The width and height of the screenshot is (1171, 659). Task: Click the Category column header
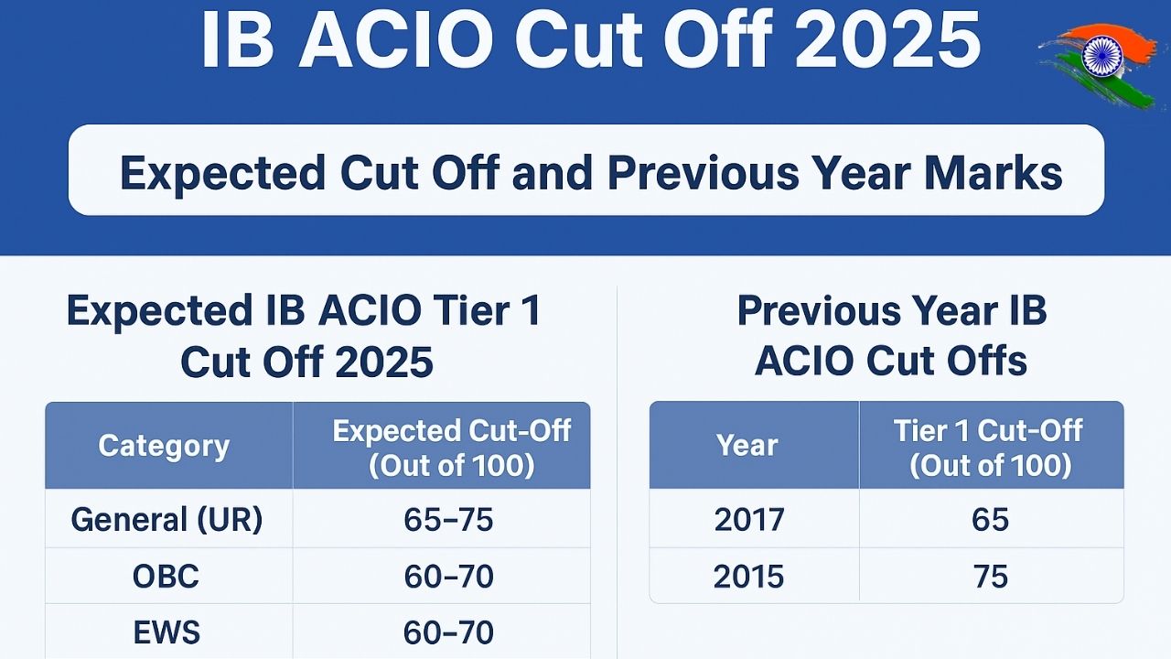point(164,446)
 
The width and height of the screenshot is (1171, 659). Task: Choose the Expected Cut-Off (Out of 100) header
point(451,447)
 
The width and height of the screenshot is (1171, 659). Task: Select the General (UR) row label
point(167,520)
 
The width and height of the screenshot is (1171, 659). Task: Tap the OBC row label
point(166,577)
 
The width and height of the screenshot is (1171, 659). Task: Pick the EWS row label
point(166,632)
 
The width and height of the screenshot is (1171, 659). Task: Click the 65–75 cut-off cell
point(448,520)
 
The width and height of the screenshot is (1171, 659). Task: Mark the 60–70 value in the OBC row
point(448,577)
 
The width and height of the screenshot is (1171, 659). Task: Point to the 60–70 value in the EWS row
point(448,632)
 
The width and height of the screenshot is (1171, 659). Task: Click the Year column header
point(747,446)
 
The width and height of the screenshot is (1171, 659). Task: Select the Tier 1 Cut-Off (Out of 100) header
point(989,447)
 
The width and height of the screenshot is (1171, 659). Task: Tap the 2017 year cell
point(749,520)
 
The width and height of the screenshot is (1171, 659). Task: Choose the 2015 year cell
point(749,577)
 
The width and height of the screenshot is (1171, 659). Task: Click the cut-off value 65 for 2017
point(990,520)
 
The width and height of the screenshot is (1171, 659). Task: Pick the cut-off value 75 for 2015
point(990,577)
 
